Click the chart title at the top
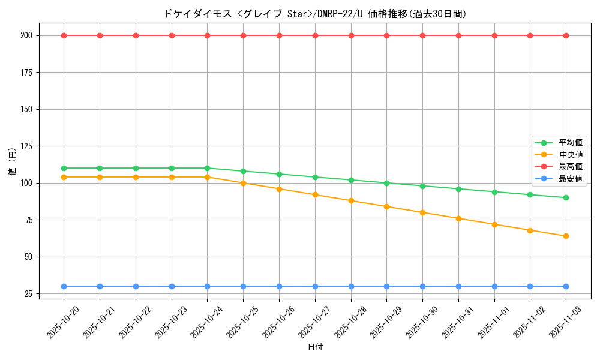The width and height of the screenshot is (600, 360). pyautogui.click(x=314, y=14)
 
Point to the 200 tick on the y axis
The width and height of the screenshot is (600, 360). pyautogui.click(x=26, y=35)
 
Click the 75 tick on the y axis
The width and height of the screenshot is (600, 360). pyautogui.click(x=28, y=220)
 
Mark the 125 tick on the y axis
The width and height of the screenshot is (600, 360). pyautogui.click(x=26, y=146)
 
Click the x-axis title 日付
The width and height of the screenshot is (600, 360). pyautogui.click(x=315, y=347)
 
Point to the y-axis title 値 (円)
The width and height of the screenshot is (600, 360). pyautogui.click(x=13, y=161)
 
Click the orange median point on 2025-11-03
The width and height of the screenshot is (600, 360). pyautogui.click(x=566, y=236)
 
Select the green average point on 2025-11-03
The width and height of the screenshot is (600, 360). pyautogui.click(x=566, y=198)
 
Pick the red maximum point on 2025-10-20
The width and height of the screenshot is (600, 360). pyautogui.click(x=64, y=35)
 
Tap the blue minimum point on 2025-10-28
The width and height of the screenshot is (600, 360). pyautogui.click(x=351, y=286)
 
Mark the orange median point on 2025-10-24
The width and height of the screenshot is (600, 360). pyautogui.click(x=207, y=177)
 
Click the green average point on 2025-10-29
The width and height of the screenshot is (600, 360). pyautogui.click(x=386, y=183)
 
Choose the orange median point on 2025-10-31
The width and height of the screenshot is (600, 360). pyautogui.click(x=458, y=218)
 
